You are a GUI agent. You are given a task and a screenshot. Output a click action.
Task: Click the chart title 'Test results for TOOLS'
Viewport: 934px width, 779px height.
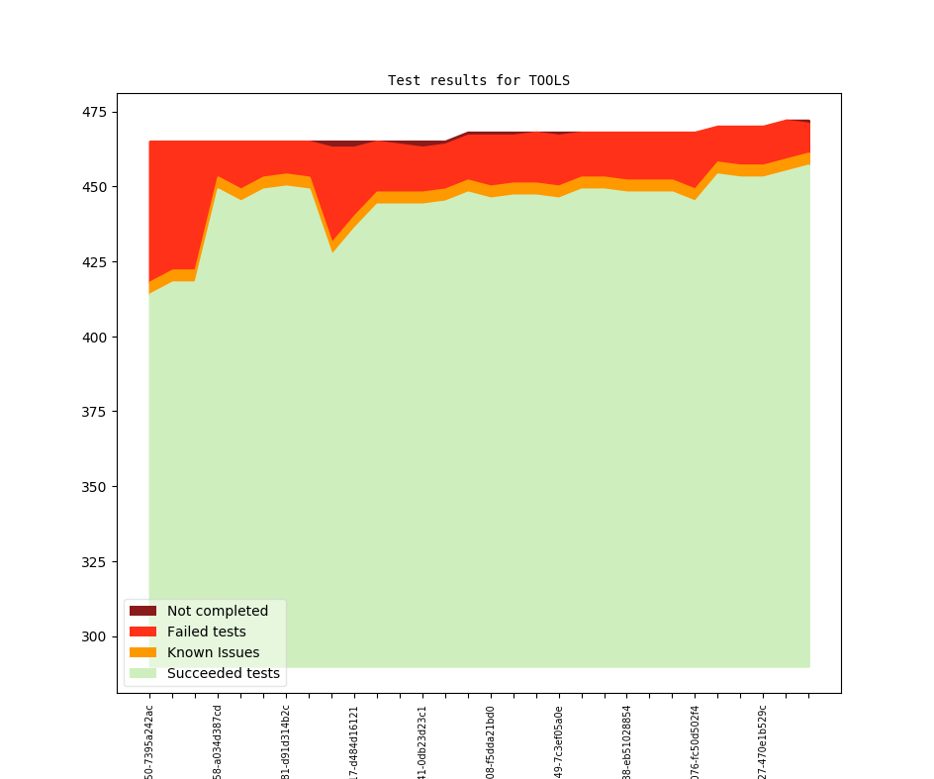click(478, 80)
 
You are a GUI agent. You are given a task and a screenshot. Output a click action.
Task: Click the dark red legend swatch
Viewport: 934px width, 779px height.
click(142, 611)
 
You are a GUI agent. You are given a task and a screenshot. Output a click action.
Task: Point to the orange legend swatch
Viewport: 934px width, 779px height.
click(142, 652)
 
